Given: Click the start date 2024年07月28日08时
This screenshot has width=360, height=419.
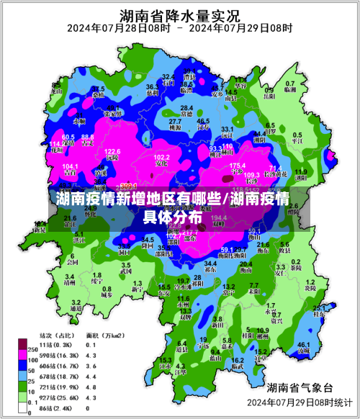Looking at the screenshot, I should tap(119, 29).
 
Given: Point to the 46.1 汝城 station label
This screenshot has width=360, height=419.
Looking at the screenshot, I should tap(303, 348).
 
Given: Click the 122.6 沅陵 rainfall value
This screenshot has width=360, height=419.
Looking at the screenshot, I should tap(112, 155).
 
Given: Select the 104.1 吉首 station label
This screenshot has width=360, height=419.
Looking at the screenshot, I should tap(50, 168).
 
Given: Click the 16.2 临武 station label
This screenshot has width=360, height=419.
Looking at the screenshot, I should tap(238, 363).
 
